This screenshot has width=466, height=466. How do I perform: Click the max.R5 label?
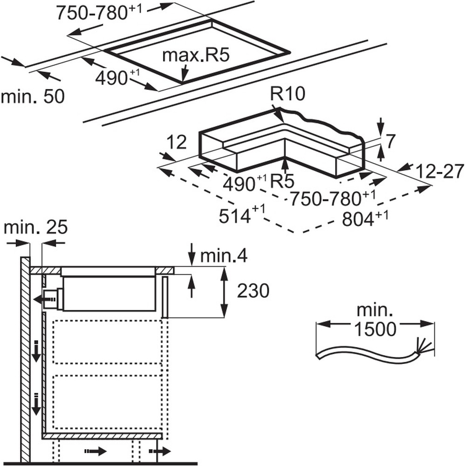point(196,55)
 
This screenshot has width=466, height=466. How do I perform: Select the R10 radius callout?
point(288,95)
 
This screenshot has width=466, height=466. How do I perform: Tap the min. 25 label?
point(35,228)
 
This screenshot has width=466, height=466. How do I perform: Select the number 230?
point(253,291)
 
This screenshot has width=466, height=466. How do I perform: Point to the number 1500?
point(375,329)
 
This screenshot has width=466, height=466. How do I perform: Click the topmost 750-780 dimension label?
point(98,13)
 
